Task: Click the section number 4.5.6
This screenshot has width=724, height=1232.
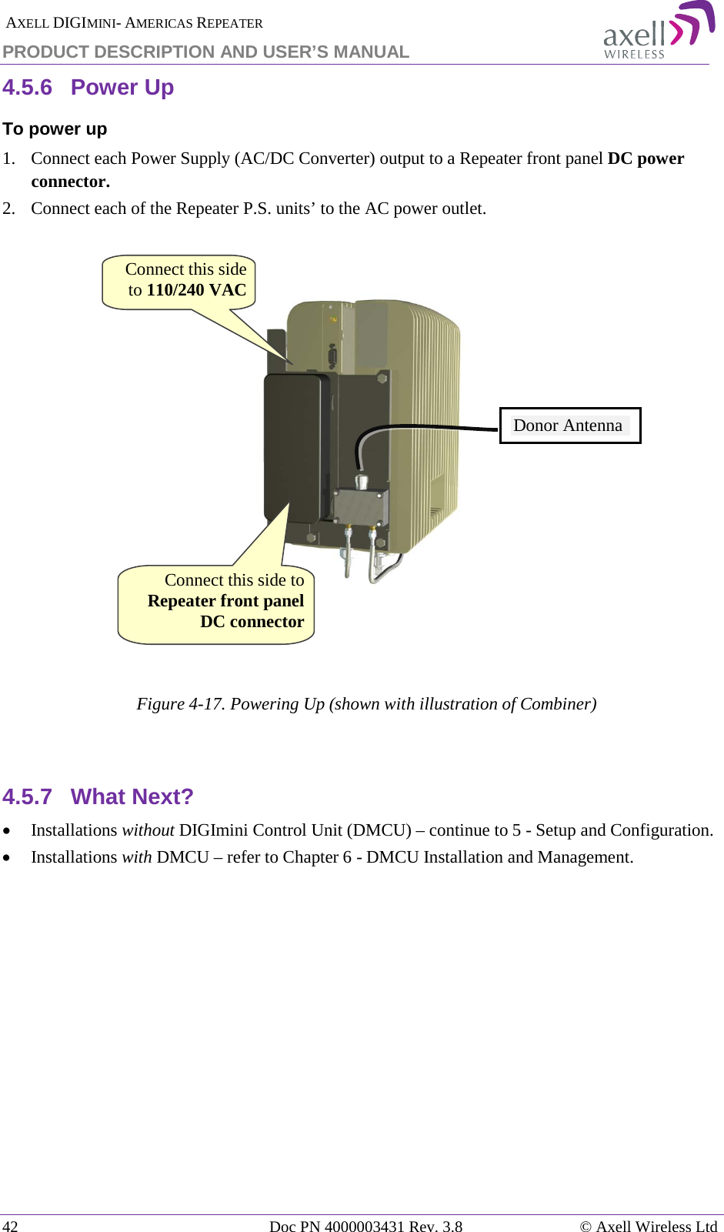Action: point(27,88)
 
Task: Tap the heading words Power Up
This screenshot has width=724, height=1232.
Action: point(122,88)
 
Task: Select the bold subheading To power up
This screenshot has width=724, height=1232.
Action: point(55,129)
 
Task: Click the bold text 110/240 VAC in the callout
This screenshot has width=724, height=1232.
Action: point(196,290)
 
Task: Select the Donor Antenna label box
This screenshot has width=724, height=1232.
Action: point(569,426)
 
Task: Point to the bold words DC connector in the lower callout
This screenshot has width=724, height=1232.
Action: point(252,622)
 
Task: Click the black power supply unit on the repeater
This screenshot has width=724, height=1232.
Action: point(295,446)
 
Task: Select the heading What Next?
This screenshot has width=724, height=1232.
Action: point(132,796)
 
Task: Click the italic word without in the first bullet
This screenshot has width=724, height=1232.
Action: point(148,830)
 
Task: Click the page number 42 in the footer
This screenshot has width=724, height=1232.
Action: point(10,1226)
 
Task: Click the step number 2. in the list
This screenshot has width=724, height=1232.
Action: point(8,209)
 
